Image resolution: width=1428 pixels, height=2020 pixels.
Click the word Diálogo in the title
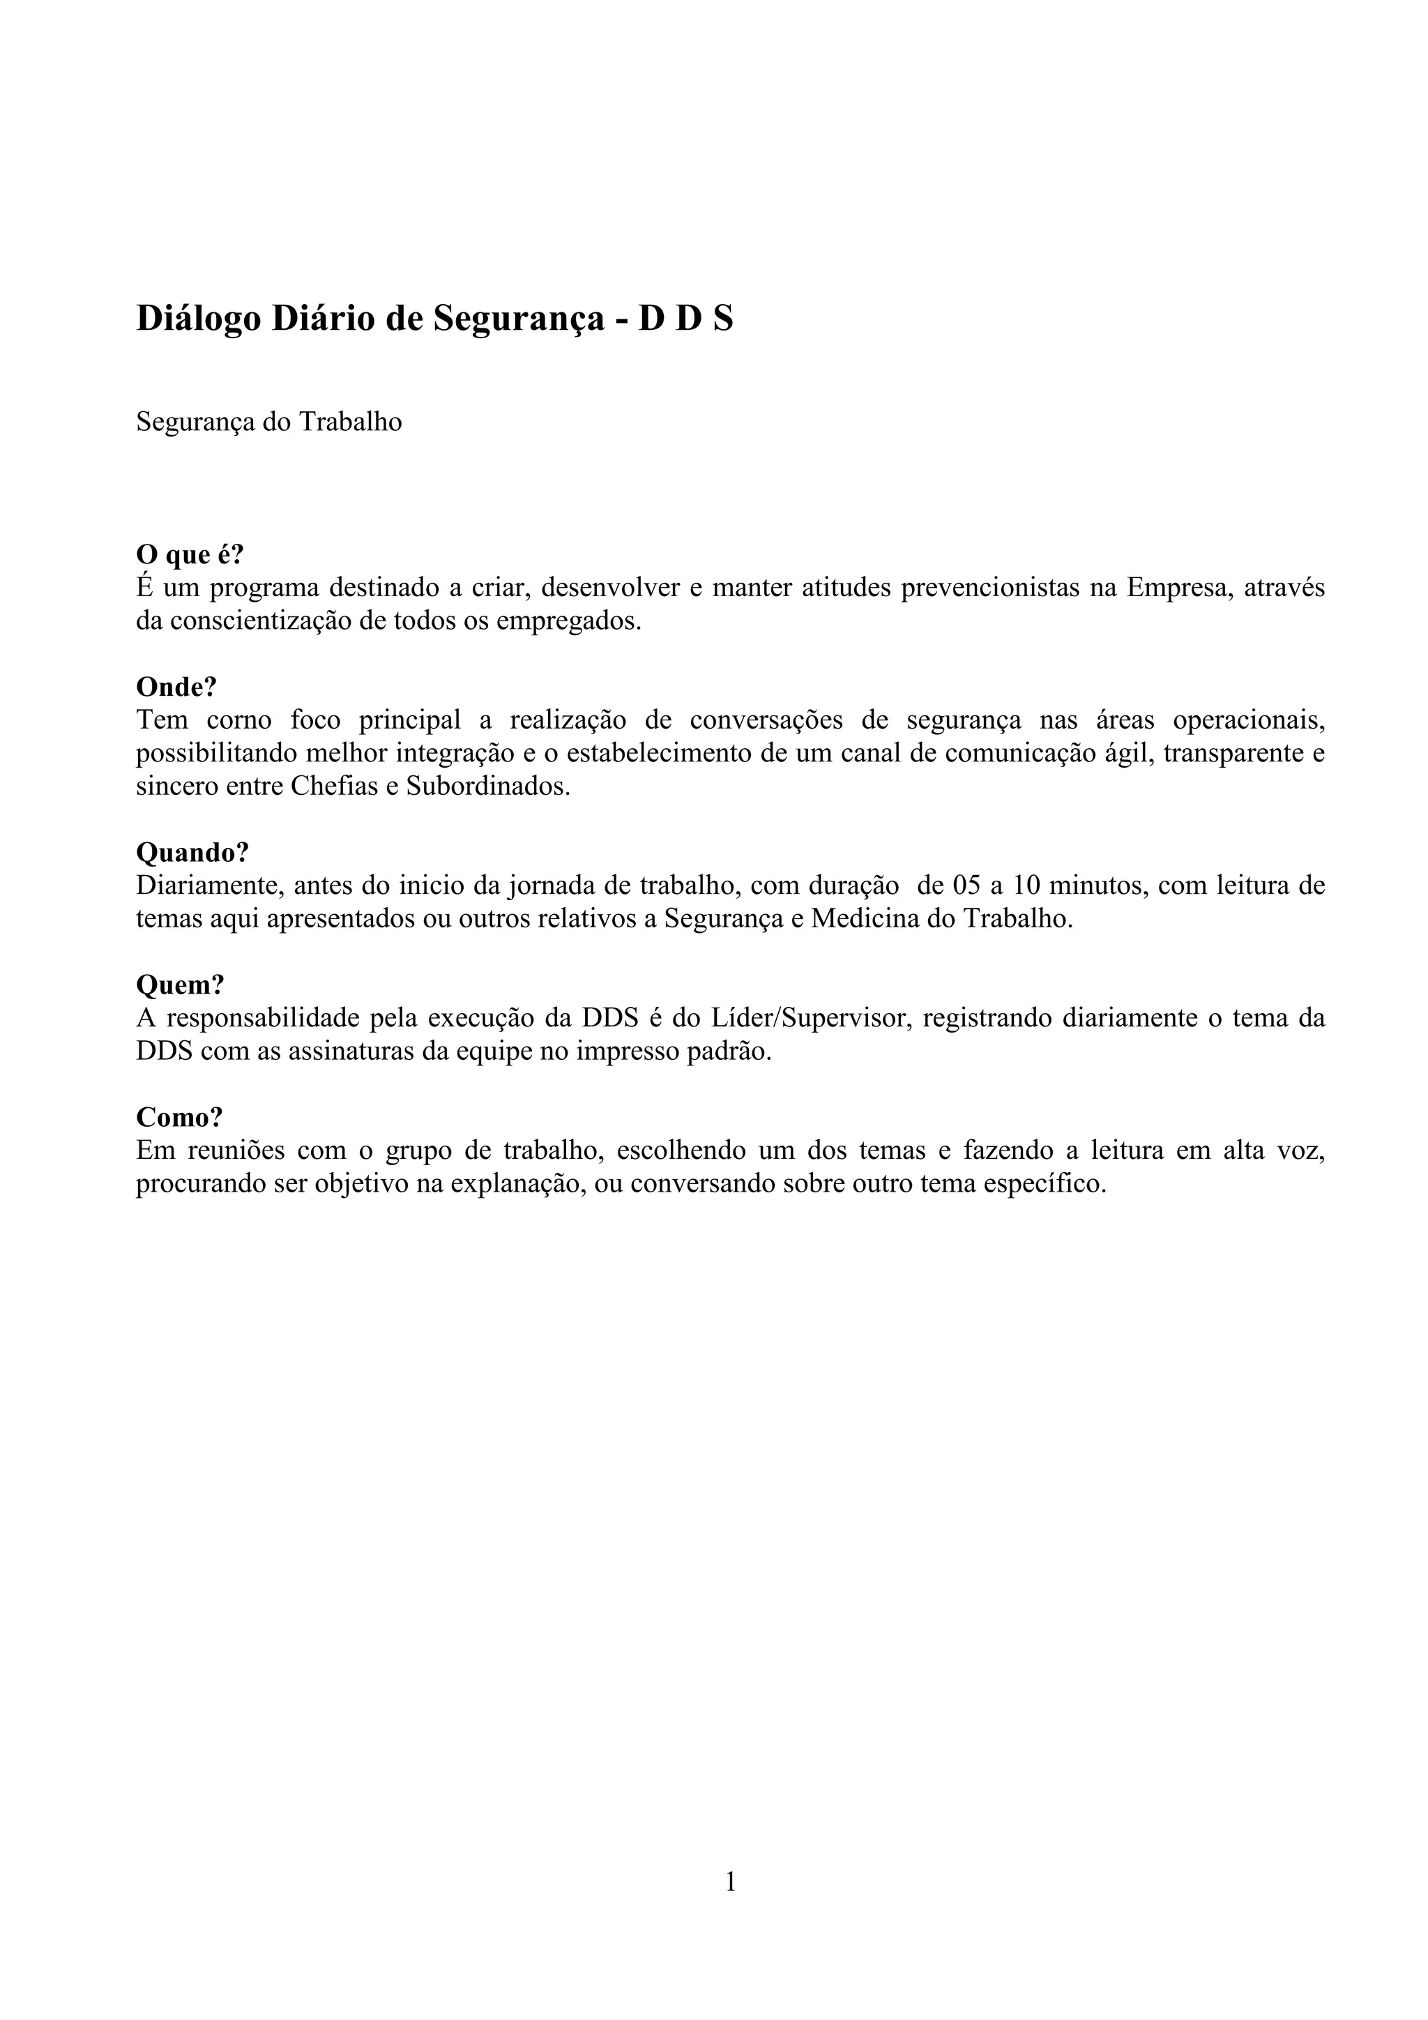pyautogui.click(x=199, y=319)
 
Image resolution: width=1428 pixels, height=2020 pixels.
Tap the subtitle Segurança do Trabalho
pyautogui.click(x=268, y=423)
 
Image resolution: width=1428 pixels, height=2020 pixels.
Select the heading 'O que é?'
pyautogui.click(x=189, y=555)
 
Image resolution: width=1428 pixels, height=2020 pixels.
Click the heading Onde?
pyautogui.click(x=176, y=686)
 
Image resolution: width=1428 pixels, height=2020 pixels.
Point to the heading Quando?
pyautogui.click(x=192, y=853)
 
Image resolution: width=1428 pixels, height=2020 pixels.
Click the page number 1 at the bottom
pyautogui.click(x=730, y=1881)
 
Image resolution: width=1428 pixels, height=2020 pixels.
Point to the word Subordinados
pyautogui.click(x=487, y=787)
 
